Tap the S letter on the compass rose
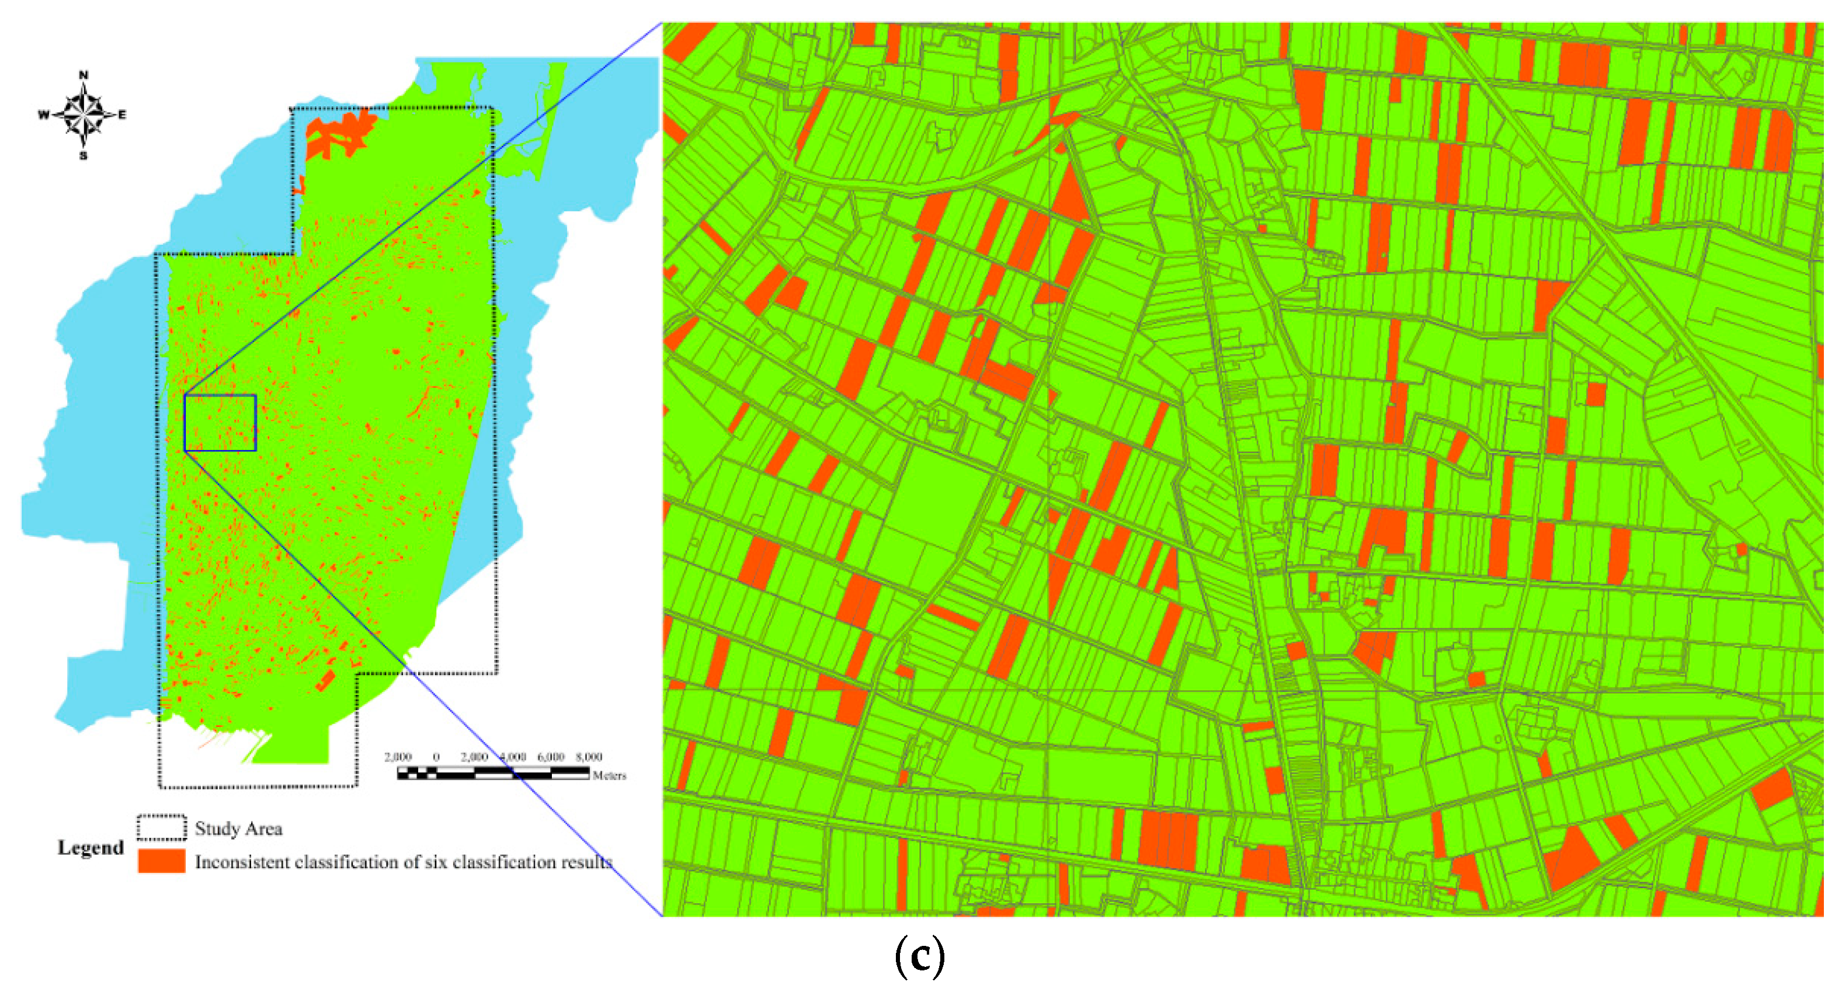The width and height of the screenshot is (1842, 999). (84, 156)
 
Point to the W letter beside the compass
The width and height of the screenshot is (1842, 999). (44, 114)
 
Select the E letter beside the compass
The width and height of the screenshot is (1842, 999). (122, 114)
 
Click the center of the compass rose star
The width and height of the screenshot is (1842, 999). (84, 114)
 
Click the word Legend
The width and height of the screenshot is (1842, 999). (91, 848)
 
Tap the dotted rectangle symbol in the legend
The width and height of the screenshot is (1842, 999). (162, 828)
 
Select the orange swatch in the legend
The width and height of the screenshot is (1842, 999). (162, 861)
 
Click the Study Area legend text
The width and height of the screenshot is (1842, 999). (238, 829)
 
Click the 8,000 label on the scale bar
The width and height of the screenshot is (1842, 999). (589, 757)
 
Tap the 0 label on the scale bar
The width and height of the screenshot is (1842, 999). (436, 757)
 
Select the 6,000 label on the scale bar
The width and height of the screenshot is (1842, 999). (551, 757)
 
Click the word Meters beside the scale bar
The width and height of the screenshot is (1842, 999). (609, 775)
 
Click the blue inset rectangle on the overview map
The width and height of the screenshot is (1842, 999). (220, 423)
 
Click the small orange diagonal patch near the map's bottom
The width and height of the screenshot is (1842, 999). (325, 680)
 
